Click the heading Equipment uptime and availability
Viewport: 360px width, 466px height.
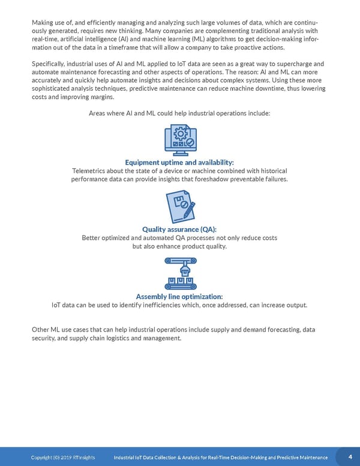pyautogui.click(x=179, y=162)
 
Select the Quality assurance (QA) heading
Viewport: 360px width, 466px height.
pyautogui.click(x=179, y=229)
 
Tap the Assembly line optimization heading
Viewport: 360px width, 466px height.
pyautogui.click(x=179, y=297)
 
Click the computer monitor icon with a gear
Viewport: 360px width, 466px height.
pyautogui.click(x=179, y=140)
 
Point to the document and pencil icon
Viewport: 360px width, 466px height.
pyautogui.click(x=179, y=207)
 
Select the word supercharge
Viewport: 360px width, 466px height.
pyautogui.click(x=290, y=64)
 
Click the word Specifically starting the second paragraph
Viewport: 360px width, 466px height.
pyautogui.click(x=51, y=64)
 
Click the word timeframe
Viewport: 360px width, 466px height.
pyautogui.click(x=105, y=48)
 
